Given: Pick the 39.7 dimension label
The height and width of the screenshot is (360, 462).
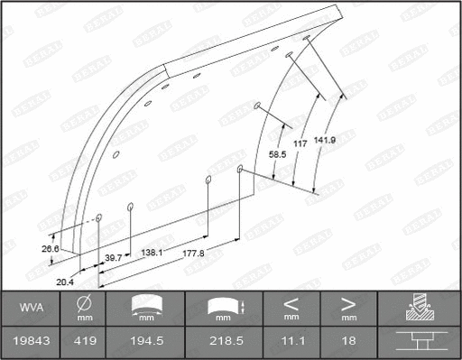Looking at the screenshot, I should coord(113,258).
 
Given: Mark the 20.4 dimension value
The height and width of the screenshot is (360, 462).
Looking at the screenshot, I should coord(64,282).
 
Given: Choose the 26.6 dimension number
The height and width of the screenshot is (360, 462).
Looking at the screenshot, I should coord(50,249).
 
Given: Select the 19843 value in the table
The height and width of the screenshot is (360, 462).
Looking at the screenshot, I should coord(31,343).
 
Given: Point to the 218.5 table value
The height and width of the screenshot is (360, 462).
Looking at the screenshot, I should coord(223,343).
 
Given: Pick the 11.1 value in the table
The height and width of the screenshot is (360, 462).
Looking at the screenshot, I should coord(291,343).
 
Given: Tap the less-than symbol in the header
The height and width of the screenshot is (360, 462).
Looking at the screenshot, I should coord(291,302).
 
